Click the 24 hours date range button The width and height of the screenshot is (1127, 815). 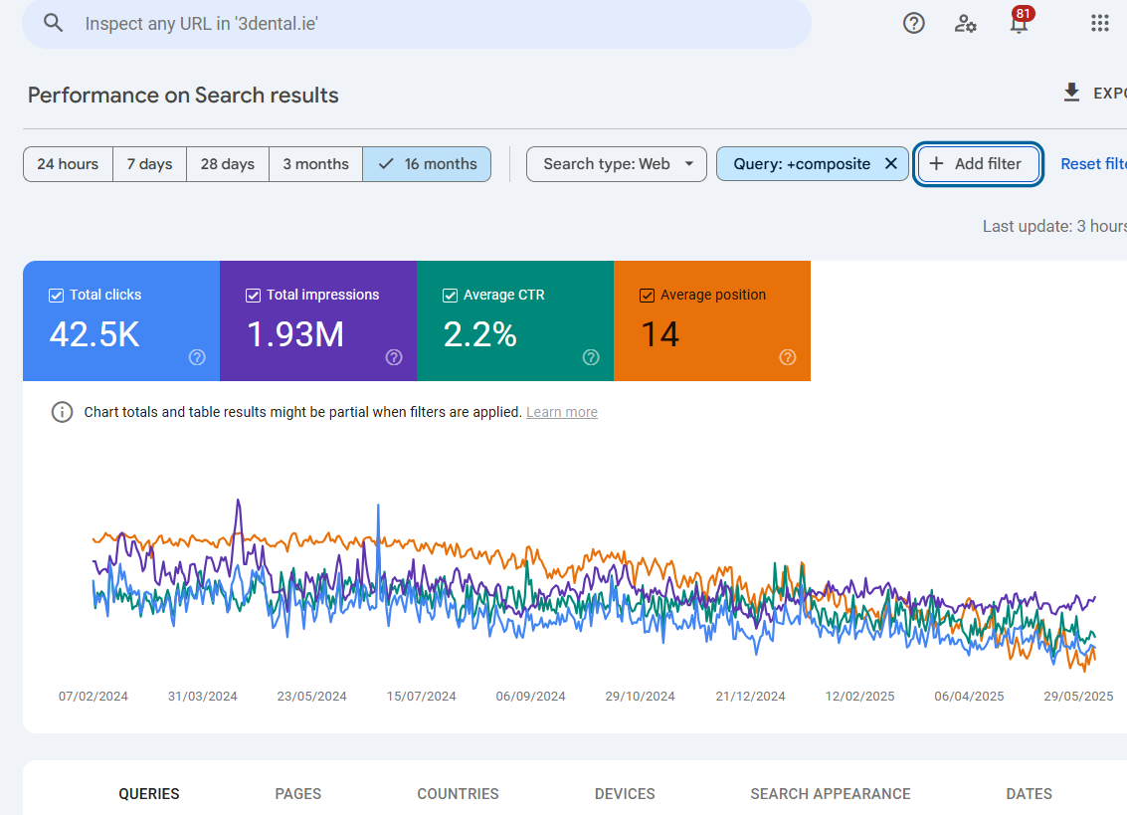[68, 164]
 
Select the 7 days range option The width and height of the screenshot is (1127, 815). [149, 164]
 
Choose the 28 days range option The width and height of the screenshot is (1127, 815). [227, 164]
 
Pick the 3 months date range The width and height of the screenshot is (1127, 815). [315, 164]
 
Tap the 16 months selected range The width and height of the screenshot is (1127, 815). [427, 164]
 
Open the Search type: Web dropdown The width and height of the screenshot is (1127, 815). [617, 164]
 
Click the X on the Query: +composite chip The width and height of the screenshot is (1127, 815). [891, 164]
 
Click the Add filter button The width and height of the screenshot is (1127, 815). [978, 164]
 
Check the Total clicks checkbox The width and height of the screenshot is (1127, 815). [57, 296]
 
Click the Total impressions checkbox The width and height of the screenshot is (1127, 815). [254, 296]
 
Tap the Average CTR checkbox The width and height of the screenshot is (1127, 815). [451, 296]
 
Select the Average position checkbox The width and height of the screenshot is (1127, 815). [648, 296]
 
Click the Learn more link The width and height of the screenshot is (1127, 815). [562, 412]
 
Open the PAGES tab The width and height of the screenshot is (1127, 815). [298, 793]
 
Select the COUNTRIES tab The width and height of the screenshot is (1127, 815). [458, 793]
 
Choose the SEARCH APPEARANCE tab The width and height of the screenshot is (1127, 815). [830, 793]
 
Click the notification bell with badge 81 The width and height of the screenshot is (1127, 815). [1019, 24]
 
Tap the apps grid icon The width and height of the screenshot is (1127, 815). [1099, 24]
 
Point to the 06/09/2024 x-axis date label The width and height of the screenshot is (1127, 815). [530, 697]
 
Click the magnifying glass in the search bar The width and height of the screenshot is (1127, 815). [54, 24]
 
